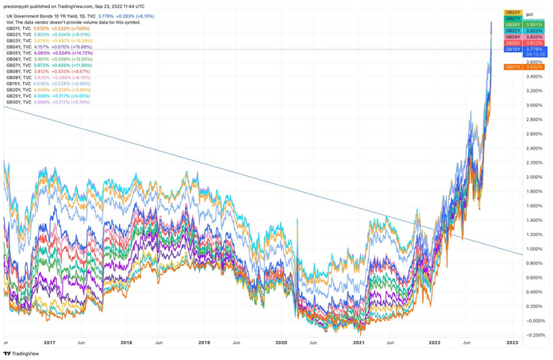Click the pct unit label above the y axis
(x=529, y=14)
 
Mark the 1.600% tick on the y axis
(x=535, y=205)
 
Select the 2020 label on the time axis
(x=281, y=343)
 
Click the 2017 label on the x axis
(x=49, y=343)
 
